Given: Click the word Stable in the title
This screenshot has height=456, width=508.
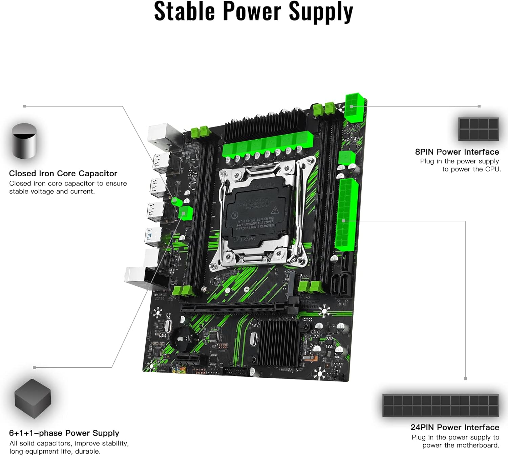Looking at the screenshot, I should [x=185, y=12].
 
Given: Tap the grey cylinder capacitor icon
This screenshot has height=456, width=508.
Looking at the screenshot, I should [x=24, y=141].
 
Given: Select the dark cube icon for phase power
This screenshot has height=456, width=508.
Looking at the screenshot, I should [x=33, y=398].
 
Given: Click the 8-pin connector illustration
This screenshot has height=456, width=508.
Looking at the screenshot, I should [x=479, y=129].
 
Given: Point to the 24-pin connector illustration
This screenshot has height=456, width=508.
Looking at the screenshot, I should [x=441, y=405].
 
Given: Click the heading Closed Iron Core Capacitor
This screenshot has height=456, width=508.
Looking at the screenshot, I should [x=63, y=173].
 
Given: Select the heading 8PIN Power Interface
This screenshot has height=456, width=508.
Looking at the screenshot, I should [x=457, y=152].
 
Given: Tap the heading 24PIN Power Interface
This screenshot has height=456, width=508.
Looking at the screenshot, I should [x=454, y=427].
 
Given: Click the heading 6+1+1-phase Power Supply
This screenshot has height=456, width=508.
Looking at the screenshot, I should [x=64, y=433].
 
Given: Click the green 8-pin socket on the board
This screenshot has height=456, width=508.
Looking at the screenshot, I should [x=355, y=108].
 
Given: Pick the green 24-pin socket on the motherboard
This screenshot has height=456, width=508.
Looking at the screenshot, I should [x=346, y=215].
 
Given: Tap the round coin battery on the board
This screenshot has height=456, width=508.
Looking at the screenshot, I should [x=184, y=338].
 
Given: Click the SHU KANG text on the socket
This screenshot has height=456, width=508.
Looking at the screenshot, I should [x=244, y=239].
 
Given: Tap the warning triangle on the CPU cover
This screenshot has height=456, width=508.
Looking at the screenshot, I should [x=275, y=210].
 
